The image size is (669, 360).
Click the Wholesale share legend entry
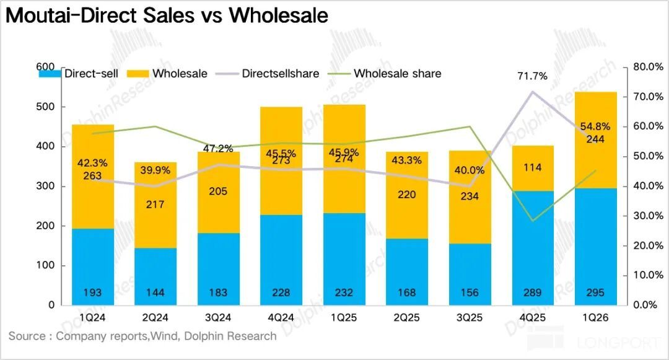396,74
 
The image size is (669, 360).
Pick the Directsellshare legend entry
280,74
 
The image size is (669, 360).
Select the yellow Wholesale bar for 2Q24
155,204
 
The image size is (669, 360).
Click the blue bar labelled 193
93,266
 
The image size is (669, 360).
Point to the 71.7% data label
533,77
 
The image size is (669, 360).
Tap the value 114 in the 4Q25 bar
533,167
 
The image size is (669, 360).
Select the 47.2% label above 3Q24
217,149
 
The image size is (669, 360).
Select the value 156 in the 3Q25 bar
470,293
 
